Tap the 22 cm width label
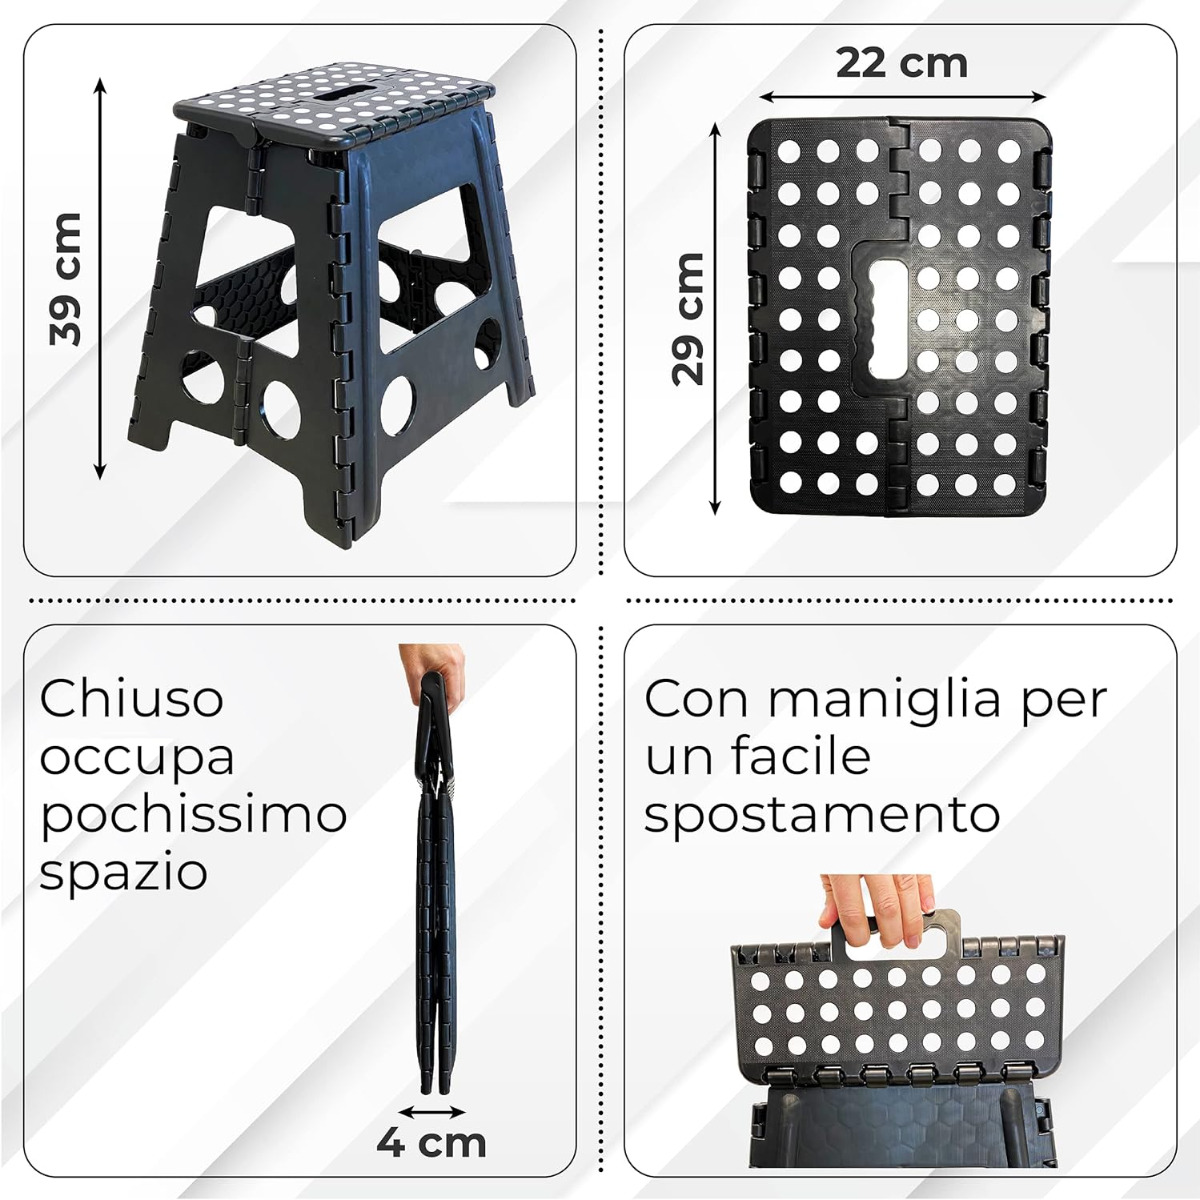(x=902, y=63)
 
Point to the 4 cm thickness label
(x=431, y=1142)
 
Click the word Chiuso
(x=131, y=699)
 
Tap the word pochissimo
(x=193, y=815)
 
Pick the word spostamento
(x=821, y=817)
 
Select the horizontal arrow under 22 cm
(x=902, y=97)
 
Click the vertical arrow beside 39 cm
(x=100, y=278)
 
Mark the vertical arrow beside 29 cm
(x=716, y=319)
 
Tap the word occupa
(x=137, y=758)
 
